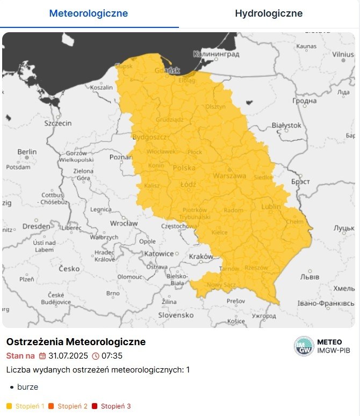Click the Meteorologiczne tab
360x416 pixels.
click(89, 13)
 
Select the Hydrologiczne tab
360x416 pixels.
click(269, 13)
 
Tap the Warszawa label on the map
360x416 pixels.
click(229, 176)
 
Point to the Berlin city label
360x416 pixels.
click(27, 152)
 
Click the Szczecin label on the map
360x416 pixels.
click(59, 123)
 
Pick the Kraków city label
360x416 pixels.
click(201, 257)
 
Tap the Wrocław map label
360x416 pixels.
click(124, 223)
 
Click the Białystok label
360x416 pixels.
click(286, 125)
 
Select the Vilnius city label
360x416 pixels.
click(343, 54)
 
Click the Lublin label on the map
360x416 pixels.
click(271, 207)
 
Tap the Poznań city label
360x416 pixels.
click(121, 157)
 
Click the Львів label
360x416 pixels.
click(310, 277)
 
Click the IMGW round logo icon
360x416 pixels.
click(304, 346)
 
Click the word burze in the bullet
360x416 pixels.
click(28, 386)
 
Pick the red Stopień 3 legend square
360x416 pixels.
click(95, 406)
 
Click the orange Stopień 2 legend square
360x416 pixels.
click(51, 406)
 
